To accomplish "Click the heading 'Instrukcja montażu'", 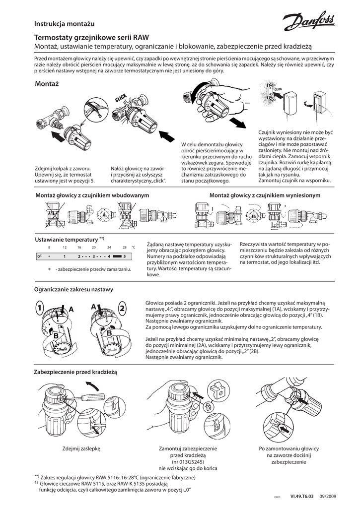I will pos(64,23).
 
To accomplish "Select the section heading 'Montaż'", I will pos(47,84).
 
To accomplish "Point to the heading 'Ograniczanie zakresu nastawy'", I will pos(73,289).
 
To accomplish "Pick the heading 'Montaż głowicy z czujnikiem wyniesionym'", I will pos(265,196).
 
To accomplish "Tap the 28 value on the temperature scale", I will pos(124,247).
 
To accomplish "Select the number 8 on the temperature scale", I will pos(49,247).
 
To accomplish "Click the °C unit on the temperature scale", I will pos(133,247).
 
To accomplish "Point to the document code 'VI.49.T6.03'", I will pos(302,496).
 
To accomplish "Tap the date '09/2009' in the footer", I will pos(328,496).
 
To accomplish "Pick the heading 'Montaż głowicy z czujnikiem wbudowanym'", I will pos(92,196).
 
